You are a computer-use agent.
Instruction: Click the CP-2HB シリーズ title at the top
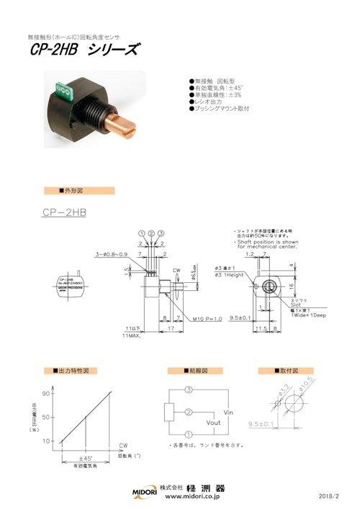tap(85, 50)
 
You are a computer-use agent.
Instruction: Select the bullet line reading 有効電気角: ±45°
tap(219, 88)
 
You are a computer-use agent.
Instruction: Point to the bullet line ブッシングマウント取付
tap(220, 108)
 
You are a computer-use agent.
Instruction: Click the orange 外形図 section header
tap(79, 191)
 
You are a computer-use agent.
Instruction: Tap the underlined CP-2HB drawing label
tap(65, 213)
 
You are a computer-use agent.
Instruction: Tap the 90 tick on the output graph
tap(45, 393)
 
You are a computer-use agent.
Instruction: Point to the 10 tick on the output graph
tap(45, 441)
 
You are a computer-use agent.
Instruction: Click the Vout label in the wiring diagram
tap(213, 423)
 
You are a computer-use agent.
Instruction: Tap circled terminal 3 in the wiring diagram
tap(189, 389)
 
